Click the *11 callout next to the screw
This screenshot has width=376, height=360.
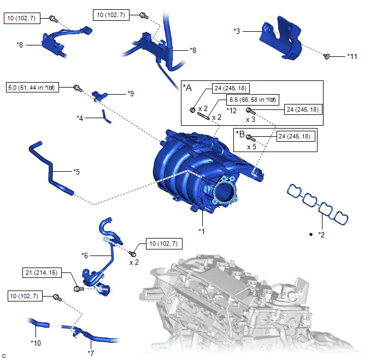pos(353,56)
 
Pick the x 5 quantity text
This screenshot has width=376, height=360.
pos(252,147)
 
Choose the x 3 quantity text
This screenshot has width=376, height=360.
pos(250,119)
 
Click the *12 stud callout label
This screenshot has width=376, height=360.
pos(231,110)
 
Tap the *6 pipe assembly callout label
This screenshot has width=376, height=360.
pos(85,255)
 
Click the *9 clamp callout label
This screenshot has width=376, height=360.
pos(130,94)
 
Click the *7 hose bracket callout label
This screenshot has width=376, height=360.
pos(91,353)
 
